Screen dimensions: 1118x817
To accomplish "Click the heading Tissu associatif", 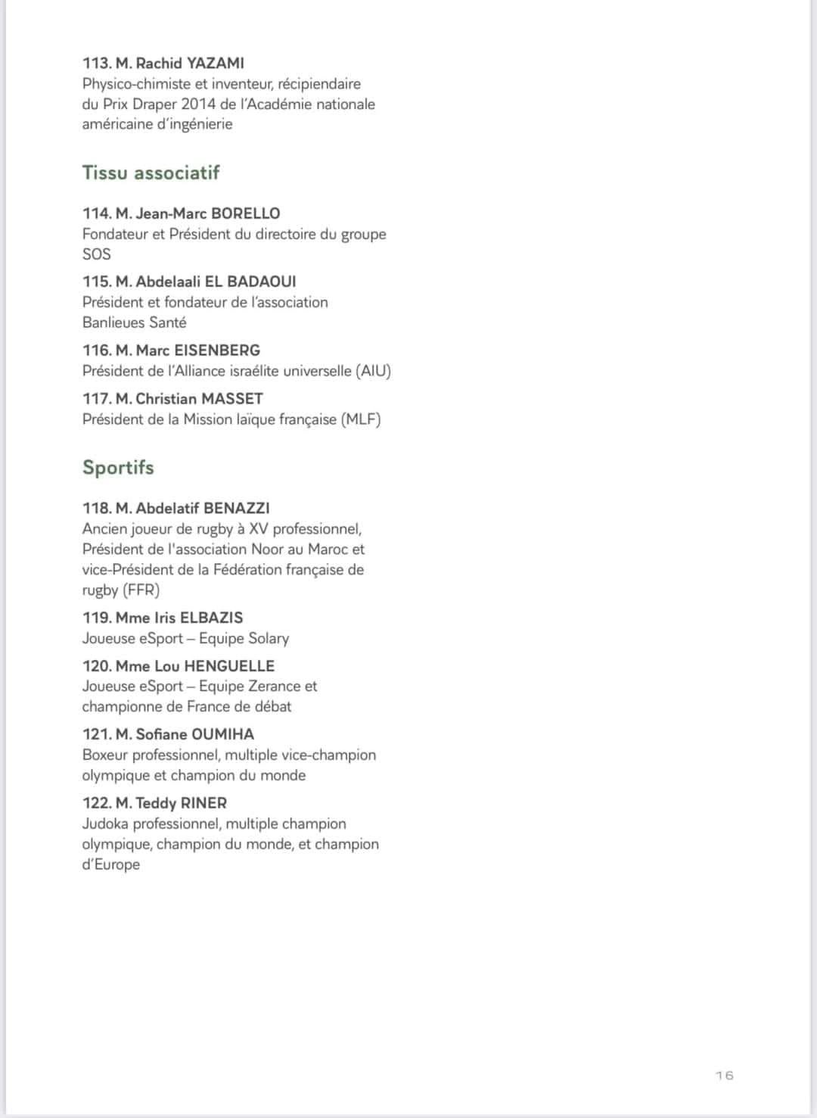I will (151, 173).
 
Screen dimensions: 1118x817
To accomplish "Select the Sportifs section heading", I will (118, 467).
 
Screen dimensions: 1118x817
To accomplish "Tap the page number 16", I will (724, 1076).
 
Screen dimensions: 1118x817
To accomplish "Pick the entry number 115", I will (97, 282).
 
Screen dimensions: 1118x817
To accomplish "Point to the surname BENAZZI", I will (237, 508).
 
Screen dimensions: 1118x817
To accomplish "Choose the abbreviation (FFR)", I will (141, 590).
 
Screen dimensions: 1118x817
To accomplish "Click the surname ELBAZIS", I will (211, 618).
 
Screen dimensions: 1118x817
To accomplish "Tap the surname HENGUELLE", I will (229, 666).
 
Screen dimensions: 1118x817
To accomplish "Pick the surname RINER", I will (203, 803).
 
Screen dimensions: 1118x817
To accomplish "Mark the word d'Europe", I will (110, 864).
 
